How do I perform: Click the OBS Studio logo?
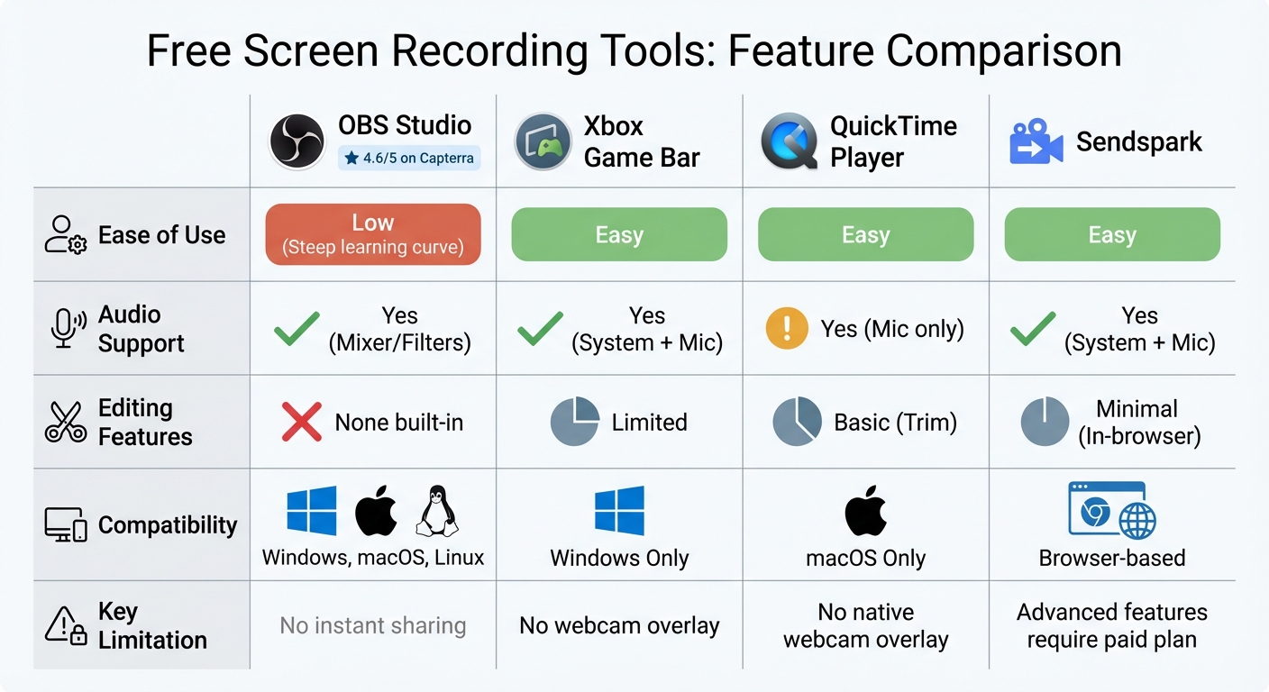tap(297, 141)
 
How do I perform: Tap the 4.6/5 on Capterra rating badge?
tap(409, 159)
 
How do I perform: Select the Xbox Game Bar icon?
tap(543, 141)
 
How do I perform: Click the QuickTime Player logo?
tap(789, 142)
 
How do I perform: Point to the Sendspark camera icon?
tap(1036, 142)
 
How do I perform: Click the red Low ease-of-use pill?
tap(372, 234)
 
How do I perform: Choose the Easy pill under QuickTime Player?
tap(865, 234)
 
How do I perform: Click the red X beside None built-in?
tap(301, 422)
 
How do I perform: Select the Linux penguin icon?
tap(436, 512)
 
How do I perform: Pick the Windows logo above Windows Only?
tap(619, 511)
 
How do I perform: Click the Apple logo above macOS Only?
tap(865, 511)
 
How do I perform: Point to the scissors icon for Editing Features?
tap(65, 422)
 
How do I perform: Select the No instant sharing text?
tap(372, 625)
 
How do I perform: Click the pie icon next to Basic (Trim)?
tap(797, 422)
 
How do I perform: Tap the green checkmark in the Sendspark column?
tap(1033, 329)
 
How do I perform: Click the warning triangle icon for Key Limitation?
tap(66, 625)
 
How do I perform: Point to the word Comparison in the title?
tap(1003, 51)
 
